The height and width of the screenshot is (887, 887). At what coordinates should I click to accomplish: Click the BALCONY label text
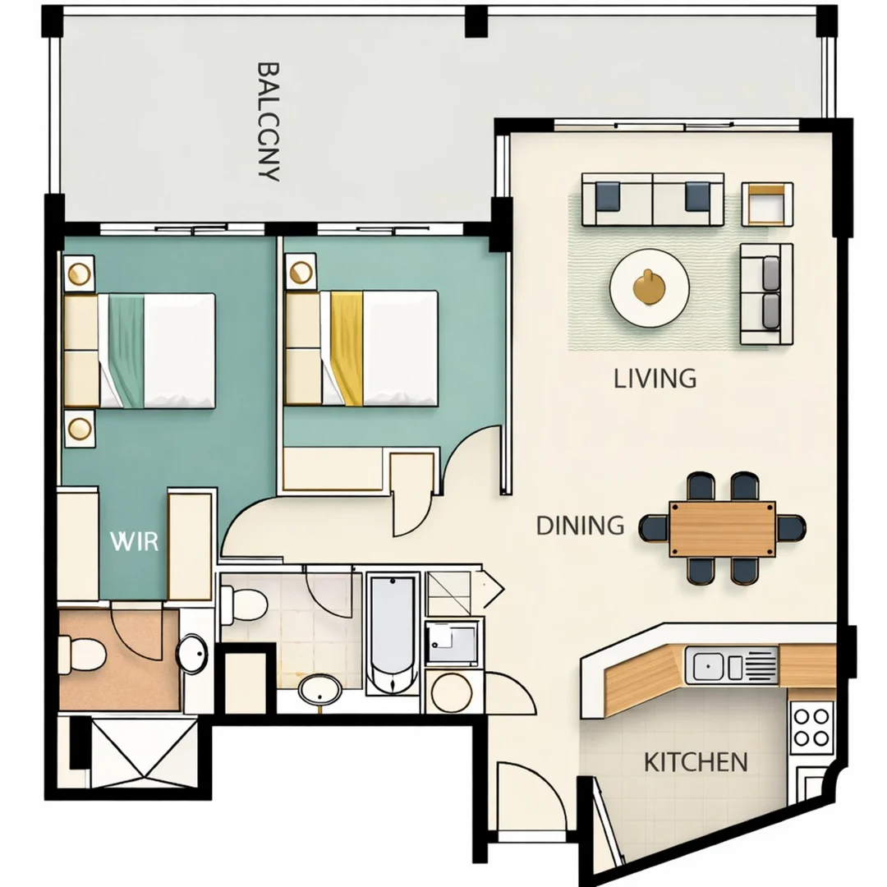click(269, 121)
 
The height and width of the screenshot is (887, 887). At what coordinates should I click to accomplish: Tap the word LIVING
click(655, 379)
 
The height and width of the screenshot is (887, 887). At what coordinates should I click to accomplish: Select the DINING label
click(580, 526)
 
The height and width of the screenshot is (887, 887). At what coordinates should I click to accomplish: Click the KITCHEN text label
click(695, 762)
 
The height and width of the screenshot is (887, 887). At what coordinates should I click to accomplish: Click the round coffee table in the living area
click(649, 287)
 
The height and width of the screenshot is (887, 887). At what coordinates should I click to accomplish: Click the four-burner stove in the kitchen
click(811, 725)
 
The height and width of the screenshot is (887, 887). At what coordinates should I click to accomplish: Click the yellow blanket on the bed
click(347, 348)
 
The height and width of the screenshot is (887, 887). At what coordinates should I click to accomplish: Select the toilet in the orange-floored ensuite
click(83, 655)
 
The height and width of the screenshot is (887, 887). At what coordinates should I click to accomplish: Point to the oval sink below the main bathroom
click(320, 691)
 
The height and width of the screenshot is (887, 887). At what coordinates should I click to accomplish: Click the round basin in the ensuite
click(193, 654)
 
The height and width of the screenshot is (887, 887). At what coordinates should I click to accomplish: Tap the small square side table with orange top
click(767, 204)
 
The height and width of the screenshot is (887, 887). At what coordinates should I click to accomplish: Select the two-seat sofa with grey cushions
click(766, 293)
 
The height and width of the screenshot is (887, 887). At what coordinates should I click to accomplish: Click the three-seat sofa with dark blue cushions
click(652, 199)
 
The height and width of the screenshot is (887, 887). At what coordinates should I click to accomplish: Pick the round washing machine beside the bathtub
click(450, 692)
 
